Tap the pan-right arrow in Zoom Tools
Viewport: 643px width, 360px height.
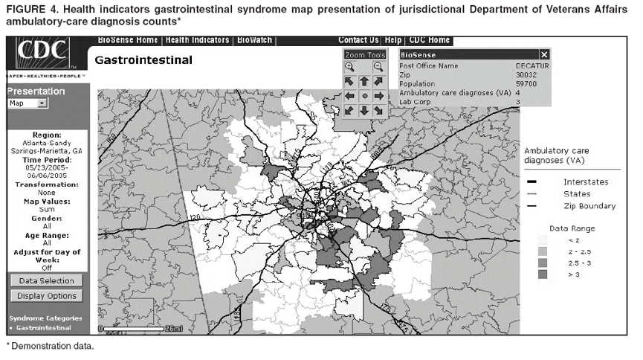tap(379, 96)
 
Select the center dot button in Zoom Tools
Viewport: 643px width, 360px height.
tap(364, 96)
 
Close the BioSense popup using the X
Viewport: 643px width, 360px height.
tap(544, 55)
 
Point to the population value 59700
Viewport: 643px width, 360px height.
tap(526, 84)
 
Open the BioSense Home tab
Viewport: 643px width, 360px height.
tap(129, 40)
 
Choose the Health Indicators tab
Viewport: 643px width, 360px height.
tap(198, 40)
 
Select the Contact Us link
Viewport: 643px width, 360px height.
tap(358, 40)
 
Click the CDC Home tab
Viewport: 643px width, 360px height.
tap(429, 40)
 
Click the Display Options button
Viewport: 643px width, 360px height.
tap(47, 296)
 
